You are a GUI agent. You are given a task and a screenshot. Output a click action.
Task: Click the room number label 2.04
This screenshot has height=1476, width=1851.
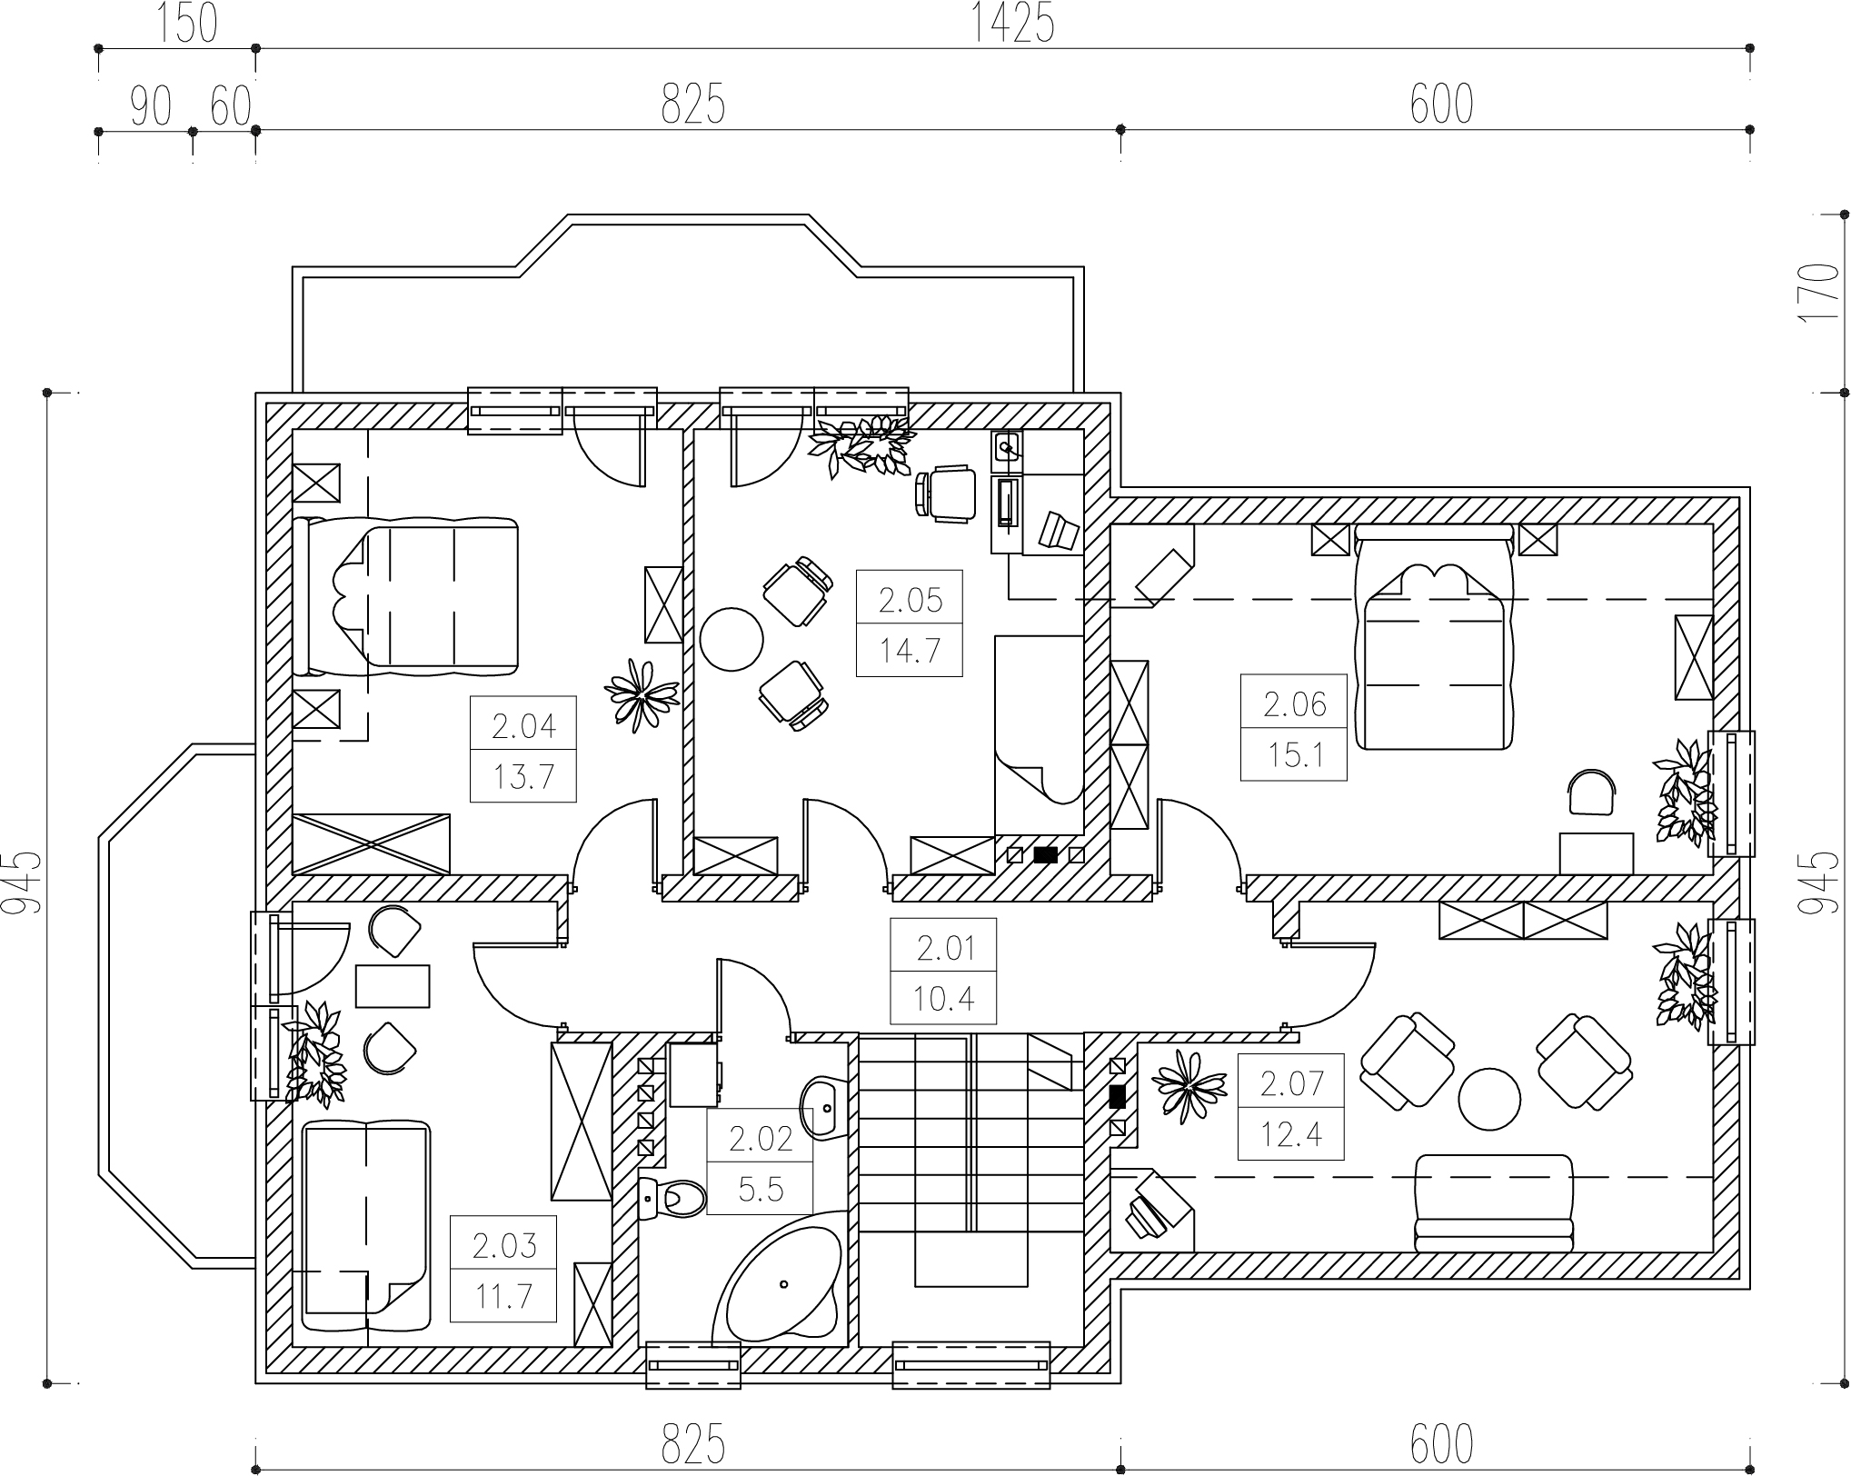[523, 726]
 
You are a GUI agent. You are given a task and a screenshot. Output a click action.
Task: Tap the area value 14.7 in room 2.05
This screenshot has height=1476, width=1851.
[909, 651]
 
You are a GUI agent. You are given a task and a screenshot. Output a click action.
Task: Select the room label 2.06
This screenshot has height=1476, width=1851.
[1294, 704]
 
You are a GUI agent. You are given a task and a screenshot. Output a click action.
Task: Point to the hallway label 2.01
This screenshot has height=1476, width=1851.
[945, 948]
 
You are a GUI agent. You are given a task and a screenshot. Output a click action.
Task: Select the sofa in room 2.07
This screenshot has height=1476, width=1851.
[1493, 1202]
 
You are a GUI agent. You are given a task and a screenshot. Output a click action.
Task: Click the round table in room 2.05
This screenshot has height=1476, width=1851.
[731, 638]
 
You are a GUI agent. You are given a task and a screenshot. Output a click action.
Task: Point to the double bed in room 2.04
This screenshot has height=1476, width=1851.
[406, 596]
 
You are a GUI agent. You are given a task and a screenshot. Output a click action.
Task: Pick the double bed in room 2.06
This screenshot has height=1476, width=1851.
[1434, 636]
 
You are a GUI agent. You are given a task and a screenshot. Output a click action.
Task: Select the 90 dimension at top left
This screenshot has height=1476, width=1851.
[151, 106]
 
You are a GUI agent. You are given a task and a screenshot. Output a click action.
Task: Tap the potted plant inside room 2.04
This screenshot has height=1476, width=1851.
[642, 693]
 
